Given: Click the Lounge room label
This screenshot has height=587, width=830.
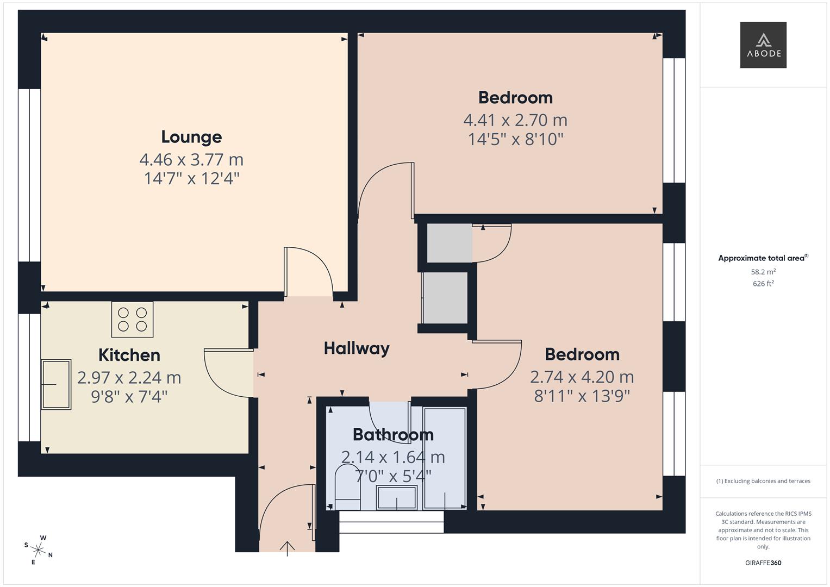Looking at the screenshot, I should pos(191,137).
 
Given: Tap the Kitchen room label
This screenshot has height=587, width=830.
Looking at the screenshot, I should pos(129,355).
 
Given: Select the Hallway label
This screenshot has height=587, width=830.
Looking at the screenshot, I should pos(357,348).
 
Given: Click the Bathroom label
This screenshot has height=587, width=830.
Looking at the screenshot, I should pos(393,435).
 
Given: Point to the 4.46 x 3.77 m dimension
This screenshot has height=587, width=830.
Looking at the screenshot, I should pos(191,160).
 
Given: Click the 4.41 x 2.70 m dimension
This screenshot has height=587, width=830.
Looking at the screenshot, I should pos(515,120).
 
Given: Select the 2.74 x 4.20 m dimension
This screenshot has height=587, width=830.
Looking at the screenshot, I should pos(582,377).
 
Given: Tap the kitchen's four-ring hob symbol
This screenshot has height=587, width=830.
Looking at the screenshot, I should pos(133,320).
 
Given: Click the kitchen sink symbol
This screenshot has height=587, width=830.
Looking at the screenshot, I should pos(56,384).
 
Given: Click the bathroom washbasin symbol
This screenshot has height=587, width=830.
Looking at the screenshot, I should pos(397,498).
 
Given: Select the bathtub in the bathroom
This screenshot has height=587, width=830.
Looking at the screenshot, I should pos(445,458).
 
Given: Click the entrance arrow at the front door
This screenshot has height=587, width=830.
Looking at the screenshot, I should pos(287,548).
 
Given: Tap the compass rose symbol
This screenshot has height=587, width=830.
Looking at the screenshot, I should pos(39,549).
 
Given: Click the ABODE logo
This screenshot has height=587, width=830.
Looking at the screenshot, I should pos(763,45).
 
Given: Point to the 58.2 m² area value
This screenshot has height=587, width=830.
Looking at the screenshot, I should pos(763,272).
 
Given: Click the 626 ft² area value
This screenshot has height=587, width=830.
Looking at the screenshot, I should pos(763,284).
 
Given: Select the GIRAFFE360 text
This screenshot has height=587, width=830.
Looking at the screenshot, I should pos(763,563).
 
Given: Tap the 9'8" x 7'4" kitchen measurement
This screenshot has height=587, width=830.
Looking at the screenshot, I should pos(129,397).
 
